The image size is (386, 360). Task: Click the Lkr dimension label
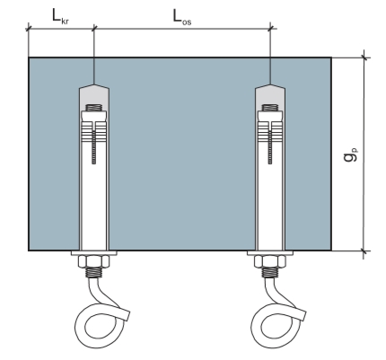[x=60, y=16]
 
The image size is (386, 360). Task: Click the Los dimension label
[x=182, y=17]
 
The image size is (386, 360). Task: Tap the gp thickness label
[x=350, y=154]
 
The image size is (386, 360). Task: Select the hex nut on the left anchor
[x=94, y=261]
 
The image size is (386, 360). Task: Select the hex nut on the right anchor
[x=270, y=261]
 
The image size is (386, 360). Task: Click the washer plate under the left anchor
[x=94, y=253]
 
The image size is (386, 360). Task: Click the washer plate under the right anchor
[x=270, y=253]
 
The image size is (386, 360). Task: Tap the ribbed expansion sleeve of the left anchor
[x=94, y=132]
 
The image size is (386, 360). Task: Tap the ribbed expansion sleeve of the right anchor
[x=270, y=132]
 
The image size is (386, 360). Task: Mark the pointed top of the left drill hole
[x=94, y=84]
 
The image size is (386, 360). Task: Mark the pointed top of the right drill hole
[x=270, y=84]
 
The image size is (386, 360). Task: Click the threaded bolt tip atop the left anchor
[x=94, y=108]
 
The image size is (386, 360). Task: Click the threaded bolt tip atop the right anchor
[x=270, y=108]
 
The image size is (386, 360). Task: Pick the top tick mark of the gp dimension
[x=364, y=57]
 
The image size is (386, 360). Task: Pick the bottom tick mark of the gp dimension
[x=364, y=250]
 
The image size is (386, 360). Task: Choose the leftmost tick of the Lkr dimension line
[x=29, y=29]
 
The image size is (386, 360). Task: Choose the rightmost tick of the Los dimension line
[x=271, y=29]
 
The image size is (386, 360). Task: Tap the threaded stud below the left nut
[x=94, y=273]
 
